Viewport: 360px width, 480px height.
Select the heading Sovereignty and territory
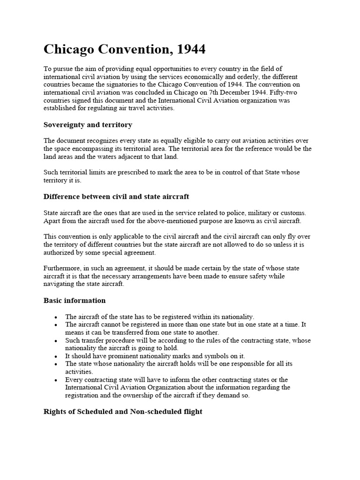tap(88, 125)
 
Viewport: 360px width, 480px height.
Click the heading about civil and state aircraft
tap(116, 196)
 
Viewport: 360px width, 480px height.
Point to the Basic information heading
tap(75, 300)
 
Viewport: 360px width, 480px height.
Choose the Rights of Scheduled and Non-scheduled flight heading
tap(123, 412)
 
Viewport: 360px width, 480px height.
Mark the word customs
tap(295, 212)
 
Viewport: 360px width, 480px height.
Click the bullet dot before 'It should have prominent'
tap(56, 356)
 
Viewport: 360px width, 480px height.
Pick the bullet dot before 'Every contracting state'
tap(56, 380)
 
